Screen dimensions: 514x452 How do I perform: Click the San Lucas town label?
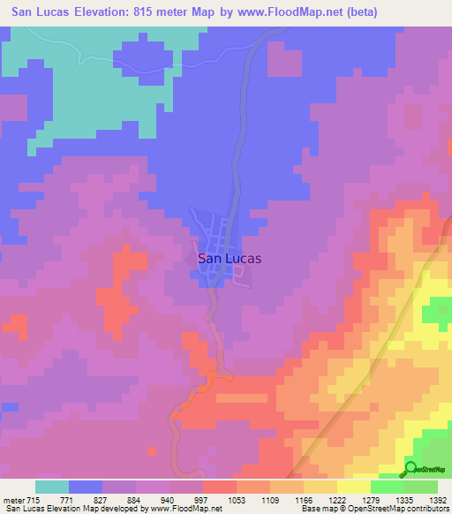[x=230, y=260]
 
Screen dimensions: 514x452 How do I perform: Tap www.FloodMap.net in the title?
[x=287, y=12]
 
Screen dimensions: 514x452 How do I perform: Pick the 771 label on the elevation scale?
[x=69, y=501]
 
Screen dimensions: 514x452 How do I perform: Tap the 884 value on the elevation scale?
[x=135, y=501]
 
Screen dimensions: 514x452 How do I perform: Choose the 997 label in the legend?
[x=201, y=501]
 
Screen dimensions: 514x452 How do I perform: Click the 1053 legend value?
[x=235, y=501]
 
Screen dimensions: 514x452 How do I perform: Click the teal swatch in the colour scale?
[x=52, y=487]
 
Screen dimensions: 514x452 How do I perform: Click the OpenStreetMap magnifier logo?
[x=411, y=468]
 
